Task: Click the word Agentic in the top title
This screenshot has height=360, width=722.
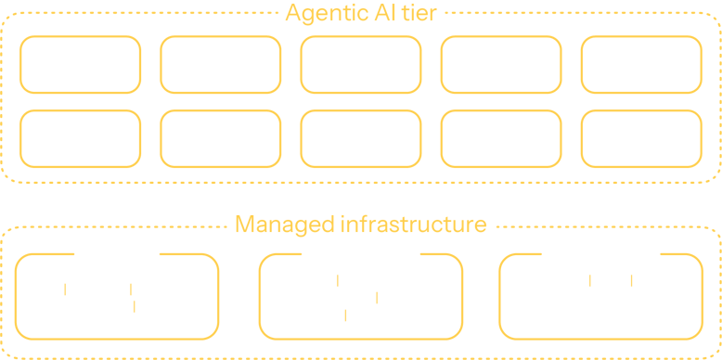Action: click(x=321, y=14)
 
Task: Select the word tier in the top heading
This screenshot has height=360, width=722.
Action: click(x=414, y=14)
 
